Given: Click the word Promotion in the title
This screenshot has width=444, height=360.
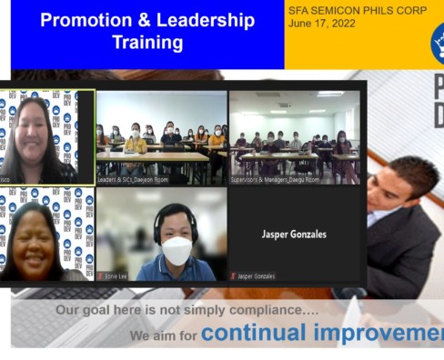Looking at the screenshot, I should tap(83, 20).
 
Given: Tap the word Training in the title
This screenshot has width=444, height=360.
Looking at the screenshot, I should tap(146, 43).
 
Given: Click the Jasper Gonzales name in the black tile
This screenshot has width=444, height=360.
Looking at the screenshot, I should tap(293, 234).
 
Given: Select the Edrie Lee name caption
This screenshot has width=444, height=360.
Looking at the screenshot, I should tap(116, 275).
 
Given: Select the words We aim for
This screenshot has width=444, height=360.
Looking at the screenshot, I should tap(164, 335).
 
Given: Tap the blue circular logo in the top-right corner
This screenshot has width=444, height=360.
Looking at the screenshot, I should tap(438, 41).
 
